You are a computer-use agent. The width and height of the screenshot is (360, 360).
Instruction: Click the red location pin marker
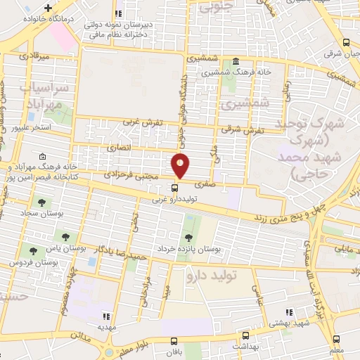tap(181, 165)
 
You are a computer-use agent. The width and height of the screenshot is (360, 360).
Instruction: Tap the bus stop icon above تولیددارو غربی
tap(176, 188)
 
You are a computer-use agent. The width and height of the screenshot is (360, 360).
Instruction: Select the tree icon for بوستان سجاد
tap(42, 202)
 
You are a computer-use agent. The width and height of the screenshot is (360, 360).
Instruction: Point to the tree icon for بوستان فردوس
tap(32, 250)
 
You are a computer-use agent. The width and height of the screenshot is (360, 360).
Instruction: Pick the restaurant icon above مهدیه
tap(107, 316)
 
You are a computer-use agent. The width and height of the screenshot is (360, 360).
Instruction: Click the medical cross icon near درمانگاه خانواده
tap(49, 8)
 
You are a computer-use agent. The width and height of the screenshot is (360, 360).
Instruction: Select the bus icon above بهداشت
tap(245, 336)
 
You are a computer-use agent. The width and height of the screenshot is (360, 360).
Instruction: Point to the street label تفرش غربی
tap(143, 122)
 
